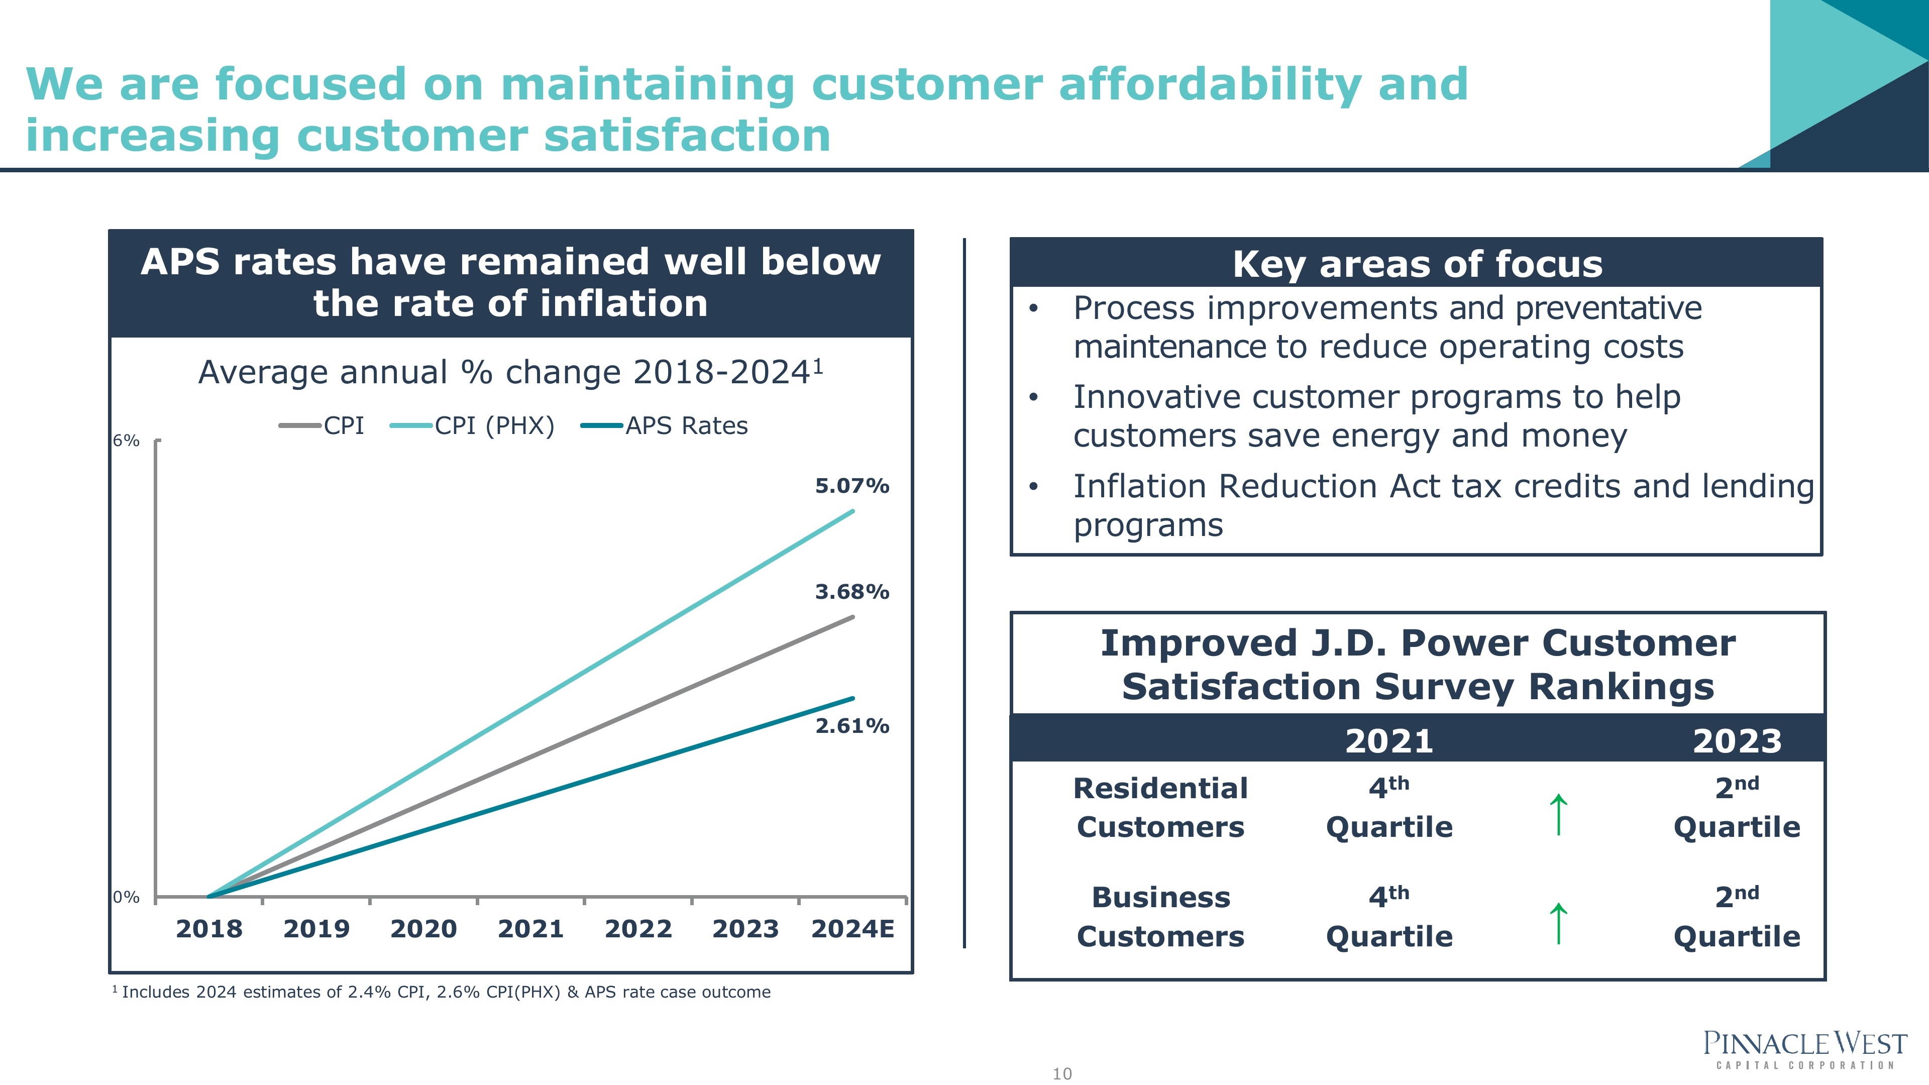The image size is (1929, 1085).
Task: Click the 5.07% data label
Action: point(852,486)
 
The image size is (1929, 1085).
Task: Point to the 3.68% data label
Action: point(852,592)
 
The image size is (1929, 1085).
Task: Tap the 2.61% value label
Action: point(852,725)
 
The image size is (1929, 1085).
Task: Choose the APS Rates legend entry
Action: point(664,426)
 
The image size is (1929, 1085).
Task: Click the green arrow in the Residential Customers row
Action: point(1558,815)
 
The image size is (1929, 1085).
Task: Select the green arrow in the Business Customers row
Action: point(1558,924)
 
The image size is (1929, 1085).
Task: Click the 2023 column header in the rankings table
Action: point(1737,741)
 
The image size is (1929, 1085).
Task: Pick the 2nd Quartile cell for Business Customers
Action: point(1737,917)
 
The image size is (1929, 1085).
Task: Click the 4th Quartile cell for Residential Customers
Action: point(1389,807)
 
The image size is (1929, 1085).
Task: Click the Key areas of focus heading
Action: point(1418,264)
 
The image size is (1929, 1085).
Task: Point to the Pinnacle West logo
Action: point(1805,1049)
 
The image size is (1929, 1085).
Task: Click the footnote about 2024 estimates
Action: point(442,992)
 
